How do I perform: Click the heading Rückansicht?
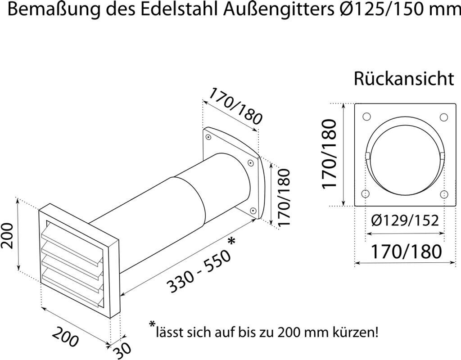[404, 79]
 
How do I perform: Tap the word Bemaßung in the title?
[50, 10]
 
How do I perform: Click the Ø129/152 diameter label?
[405, 220]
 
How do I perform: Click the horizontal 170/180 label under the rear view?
[406, 251]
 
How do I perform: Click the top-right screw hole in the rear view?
[443, 117]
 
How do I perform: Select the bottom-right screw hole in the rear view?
[444, 194]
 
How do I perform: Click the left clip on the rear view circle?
[367, 156]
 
